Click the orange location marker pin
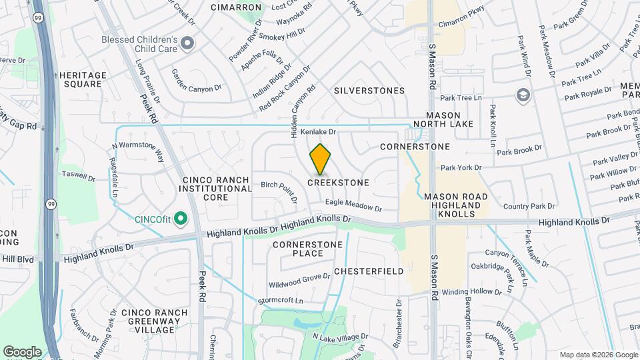coord(321,159)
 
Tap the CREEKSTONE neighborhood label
coord(338,182)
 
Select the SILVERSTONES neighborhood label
coord(369,91)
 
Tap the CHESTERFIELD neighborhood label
coord(369,271)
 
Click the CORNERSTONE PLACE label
coord(308,249)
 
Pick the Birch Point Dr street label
coord(279,189)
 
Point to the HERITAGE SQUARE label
coord(83,80)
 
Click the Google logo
coord(22,351)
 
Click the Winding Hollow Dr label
coord(471,292)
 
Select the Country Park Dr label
coord(529,207)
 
